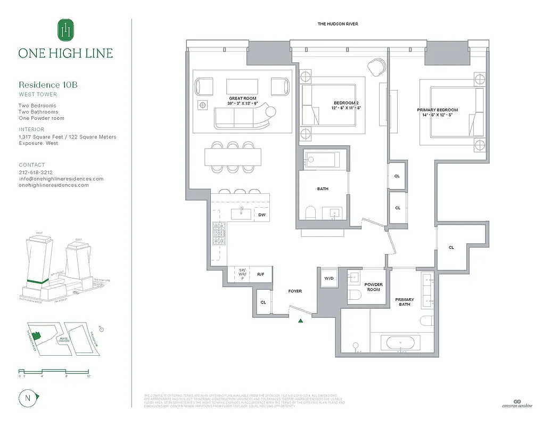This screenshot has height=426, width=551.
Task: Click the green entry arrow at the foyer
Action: (x=301, y=321)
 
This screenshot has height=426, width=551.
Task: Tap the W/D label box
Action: (x=330, y=278)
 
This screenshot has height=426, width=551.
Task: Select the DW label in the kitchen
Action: (x=262, y=215)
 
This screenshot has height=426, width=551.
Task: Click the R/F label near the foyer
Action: (x=261, y=275)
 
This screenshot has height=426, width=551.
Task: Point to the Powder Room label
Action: (x=373, y=287)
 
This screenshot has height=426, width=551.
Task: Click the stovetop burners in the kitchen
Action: (x=219, y=233)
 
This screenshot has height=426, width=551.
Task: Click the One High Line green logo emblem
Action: (x=65, y=29)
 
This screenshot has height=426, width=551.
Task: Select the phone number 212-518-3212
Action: (x=36, y=173)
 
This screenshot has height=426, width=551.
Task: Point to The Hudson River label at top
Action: (x=338, y=24)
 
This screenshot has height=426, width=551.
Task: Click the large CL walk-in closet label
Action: (x=451, y=247)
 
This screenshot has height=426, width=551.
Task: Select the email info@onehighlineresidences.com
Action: (x=61, y=179)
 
